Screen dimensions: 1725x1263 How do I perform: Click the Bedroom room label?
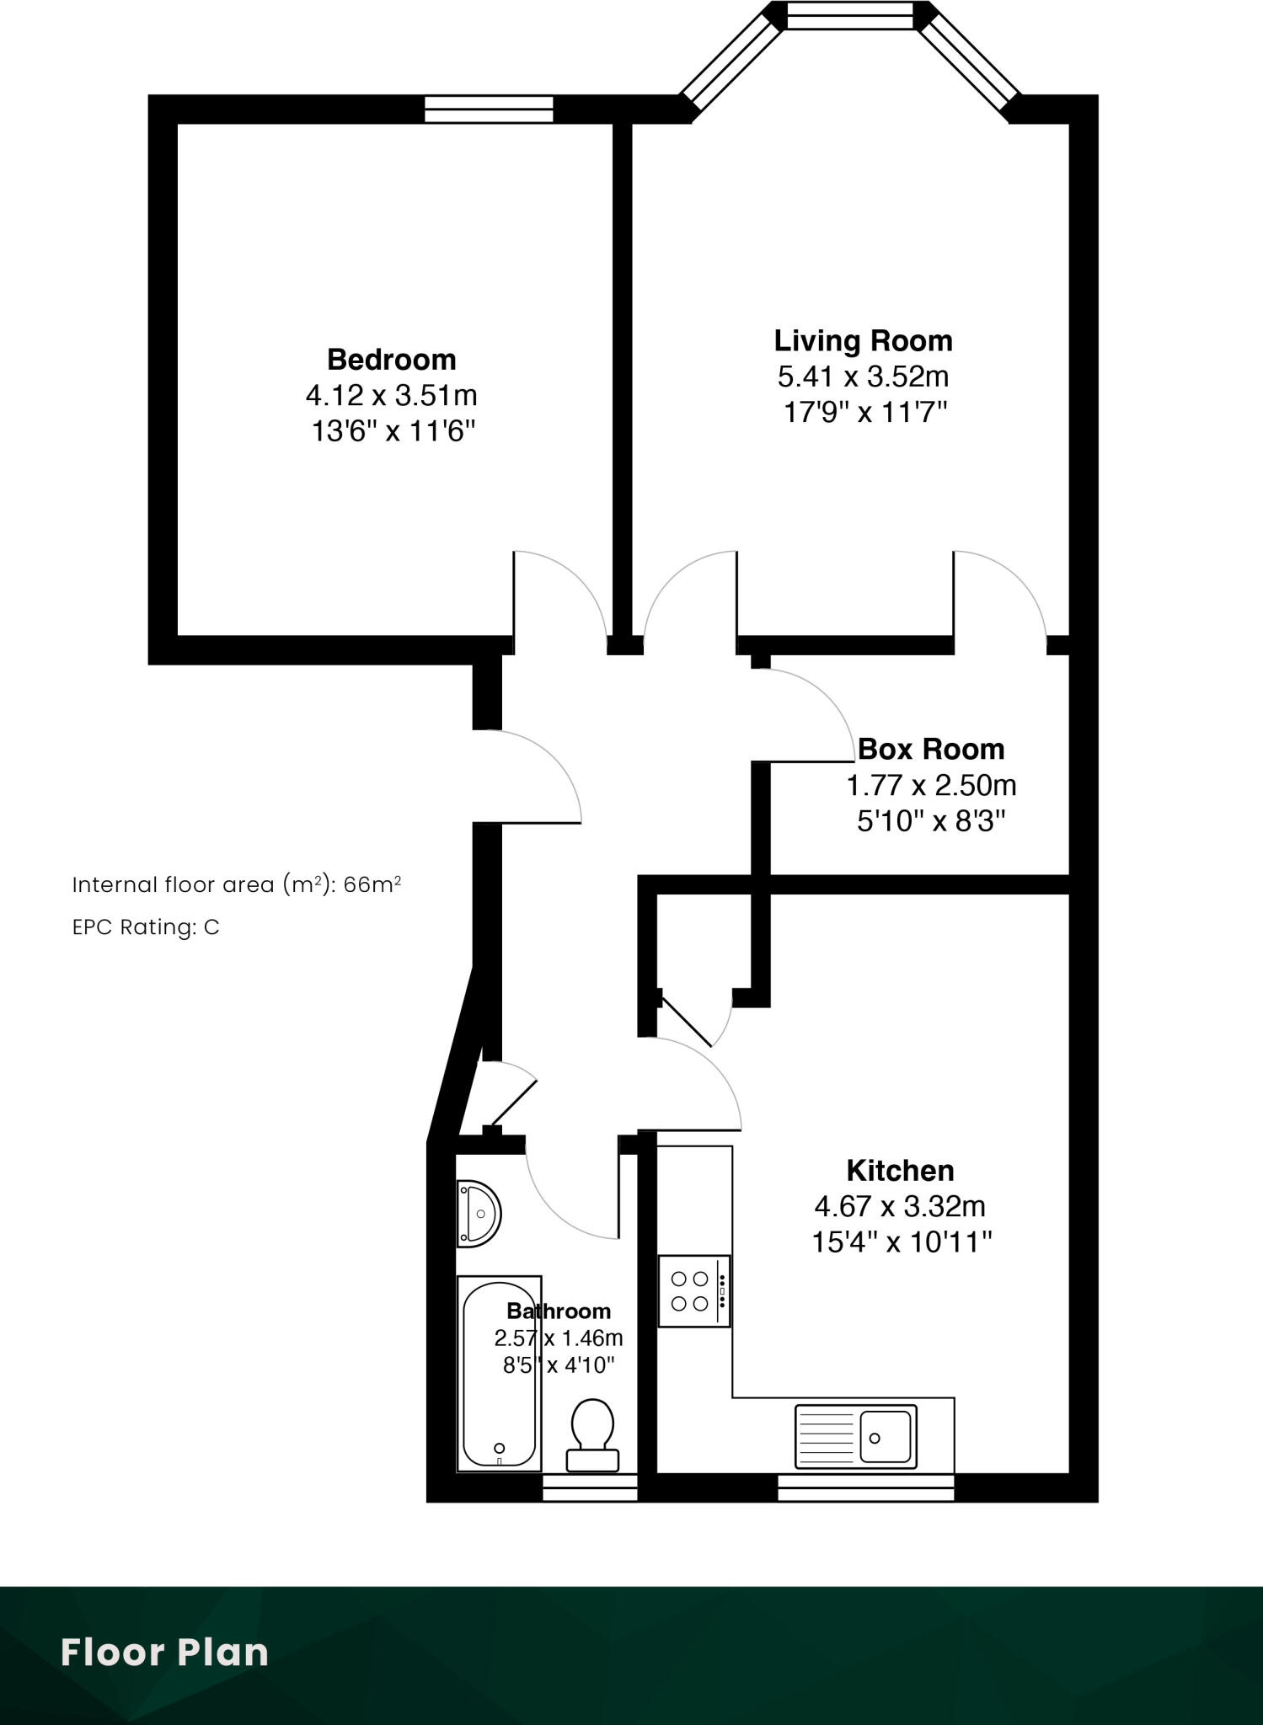pos(392,360)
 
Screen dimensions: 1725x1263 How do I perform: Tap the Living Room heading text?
pos(864,341)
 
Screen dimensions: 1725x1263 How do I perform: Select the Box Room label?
pos(931,749)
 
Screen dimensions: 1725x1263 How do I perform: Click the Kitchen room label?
pos(900,1170)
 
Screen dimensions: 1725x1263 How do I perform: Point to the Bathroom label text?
pos(559,1311)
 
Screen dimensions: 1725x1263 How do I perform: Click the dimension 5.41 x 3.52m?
pos(864,377)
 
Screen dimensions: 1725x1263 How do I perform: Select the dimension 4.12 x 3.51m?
pos(392,395)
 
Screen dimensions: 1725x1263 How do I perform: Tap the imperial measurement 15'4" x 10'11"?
pos(902,1242)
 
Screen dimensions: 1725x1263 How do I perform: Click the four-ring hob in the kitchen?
pos(693,1291)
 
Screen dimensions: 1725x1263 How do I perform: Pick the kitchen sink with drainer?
pos(855,1437)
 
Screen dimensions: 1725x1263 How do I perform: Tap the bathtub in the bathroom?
pos(499,1374)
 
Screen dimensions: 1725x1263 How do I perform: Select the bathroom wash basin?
pos(478,1214)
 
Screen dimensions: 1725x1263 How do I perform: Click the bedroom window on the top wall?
pos(489,109)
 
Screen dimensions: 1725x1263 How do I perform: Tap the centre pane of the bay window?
pos(849,15)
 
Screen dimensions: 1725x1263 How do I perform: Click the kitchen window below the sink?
pos(865,1487)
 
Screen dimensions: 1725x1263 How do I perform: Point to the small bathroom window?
pos(589,1488)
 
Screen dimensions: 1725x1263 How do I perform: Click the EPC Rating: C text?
pos(146,927)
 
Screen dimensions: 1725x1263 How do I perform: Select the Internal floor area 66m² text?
pos(236,884)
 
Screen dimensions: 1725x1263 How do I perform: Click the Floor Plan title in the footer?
pos(164,1653)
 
